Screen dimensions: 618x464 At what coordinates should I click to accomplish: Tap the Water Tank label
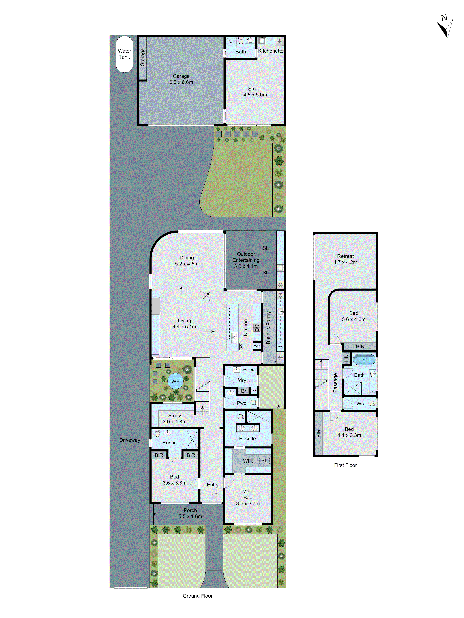pyautogui.click(x=125, y=54)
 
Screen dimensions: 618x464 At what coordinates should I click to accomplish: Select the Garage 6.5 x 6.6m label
pyautogui.click(x=181, y=79)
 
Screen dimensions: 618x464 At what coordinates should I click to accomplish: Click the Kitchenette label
pyautogui.click(x=271, y=51)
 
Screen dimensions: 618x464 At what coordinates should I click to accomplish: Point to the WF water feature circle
pyautogui.click(x=175, y=381)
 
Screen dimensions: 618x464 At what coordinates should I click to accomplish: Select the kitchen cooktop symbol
pyautogui.click(x=257, y=327)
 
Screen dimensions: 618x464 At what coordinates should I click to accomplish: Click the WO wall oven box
pyautogui.click(x=257, y=346)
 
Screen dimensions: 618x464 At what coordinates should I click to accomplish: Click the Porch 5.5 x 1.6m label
pyautogui.click(x=190, y=513)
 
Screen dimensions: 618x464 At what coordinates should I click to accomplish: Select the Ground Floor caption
pyautogui.click(x=198, y=596)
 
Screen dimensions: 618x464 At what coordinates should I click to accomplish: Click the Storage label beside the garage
pyautogui.click(x=142, y=57)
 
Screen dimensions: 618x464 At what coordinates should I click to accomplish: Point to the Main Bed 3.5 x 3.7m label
pyautogui.click(x=248, y=497)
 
